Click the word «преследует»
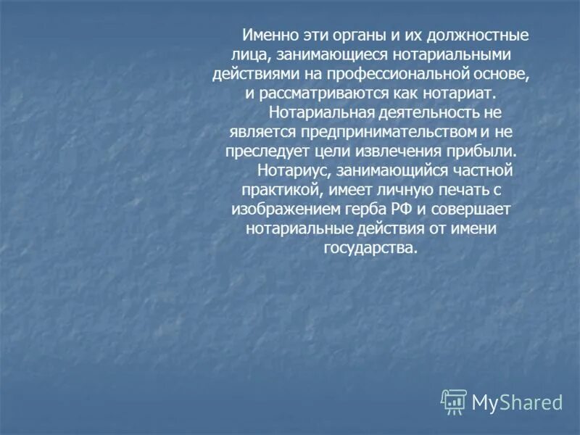point(264,152)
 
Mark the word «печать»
point(463,191)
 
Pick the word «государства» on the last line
point(371,249)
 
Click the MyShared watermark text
point(518,402)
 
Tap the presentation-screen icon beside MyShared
point(454,401)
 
